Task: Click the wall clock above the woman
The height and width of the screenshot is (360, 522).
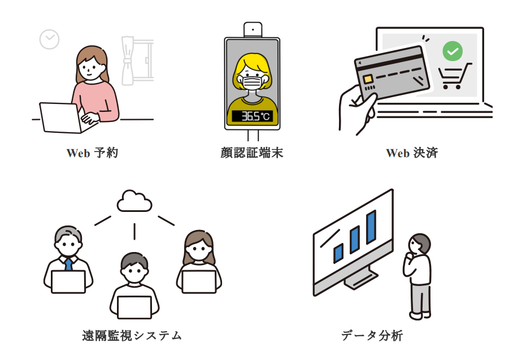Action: coord(49,39)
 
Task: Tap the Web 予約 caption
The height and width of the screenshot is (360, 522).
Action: coord(92,153)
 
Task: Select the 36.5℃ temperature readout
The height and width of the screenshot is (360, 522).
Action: coord(252,116)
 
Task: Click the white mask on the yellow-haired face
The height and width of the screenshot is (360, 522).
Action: coord(252,82)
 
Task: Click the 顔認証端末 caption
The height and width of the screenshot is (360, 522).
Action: coord(252,153)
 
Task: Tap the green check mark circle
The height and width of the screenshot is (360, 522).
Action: coord(452,51)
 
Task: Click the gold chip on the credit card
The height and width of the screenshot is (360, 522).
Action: coord(368,79)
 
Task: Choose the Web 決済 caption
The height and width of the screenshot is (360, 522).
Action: coord(412,153)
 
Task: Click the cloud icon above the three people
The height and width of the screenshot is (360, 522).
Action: coord(134,201)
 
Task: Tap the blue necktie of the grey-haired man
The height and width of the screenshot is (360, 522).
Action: coord(68,264)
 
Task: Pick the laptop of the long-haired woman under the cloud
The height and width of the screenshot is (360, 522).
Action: coord(199,281)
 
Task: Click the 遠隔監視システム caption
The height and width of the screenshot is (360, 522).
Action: coord(132,335)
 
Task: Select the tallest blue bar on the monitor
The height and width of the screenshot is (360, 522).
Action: coord(371,227)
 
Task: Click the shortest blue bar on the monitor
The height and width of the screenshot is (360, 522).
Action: coord(338,253)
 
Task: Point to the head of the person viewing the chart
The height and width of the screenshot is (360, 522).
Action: coord(419,244)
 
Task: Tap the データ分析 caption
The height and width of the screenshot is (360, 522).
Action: coord(372,335)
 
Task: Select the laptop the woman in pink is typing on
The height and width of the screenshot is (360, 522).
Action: coord(60,117)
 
